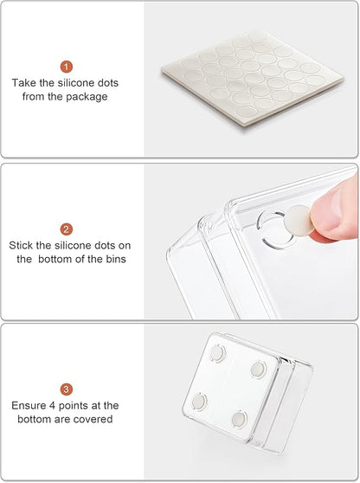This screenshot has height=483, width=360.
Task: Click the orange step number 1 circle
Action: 67,67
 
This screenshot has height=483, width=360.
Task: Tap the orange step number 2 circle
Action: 67,229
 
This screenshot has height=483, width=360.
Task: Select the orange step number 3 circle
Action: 67,390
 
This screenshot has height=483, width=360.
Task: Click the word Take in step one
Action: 24,82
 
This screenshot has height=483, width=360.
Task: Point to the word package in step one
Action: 87,97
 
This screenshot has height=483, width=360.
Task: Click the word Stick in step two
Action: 21,246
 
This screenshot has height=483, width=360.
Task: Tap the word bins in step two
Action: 116,259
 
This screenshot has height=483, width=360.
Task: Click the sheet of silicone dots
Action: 252,78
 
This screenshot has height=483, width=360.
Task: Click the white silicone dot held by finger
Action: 299,220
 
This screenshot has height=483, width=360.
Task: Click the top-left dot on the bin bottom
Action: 217,353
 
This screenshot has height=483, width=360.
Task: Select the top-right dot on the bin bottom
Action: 258,369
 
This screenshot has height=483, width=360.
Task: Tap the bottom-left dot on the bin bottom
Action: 199,402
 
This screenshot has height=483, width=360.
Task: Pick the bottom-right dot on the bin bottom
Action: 239,418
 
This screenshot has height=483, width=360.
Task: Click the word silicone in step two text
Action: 73,246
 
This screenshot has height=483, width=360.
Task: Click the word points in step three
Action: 74,406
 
